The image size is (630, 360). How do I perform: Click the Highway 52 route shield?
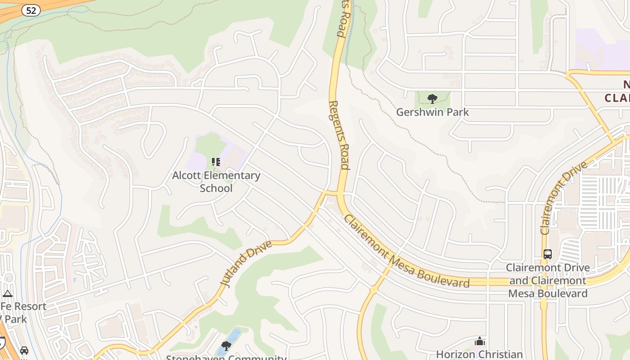(x=31, y=10)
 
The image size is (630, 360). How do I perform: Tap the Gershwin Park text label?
(x=432, y=112)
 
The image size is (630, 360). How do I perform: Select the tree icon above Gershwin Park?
(x=432, y=99)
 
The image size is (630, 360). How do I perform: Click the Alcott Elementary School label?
(x=216, y=181)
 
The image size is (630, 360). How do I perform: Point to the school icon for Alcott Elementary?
(x=216, y=162)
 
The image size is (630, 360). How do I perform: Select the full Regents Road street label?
(x=338, y=135)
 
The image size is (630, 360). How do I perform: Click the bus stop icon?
(x=547, y=254)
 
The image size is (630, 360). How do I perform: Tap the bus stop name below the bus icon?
(x=548, y=280)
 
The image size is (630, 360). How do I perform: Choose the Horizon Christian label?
(x=479, y=354)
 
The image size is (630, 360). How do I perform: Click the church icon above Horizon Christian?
(x=480, y=342)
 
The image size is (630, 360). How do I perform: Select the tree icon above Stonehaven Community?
(x=226, y=346)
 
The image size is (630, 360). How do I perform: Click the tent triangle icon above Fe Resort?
(x=7, y=294)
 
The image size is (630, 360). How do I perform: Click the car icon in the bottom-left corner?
(x=24, y=351)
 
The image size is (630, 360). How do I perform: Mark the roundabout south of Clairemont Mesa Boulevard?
(x=373, y=290)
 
